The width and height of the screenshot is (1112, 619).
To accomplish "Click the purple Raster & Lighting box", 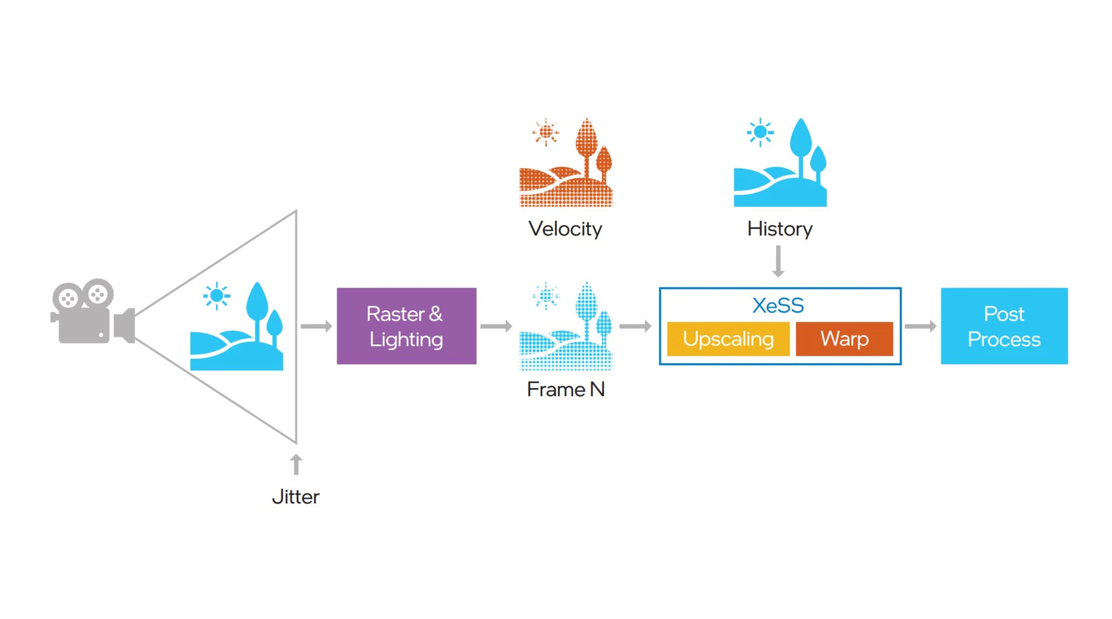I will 406,326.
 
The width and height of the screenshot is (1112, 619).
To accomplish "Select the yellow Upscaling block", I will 728,339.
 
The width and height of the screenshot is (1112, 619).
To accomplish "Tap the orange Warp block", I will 844,339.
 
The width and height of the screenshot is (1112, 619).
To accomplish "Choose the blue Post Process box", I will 1003,326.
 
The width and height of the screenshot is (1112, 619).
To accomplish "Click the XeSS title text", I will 778,305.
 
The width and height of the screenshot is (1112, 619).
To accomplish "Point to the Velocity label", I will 565,229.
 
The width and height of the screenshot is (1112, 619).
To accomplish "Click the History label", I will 779,229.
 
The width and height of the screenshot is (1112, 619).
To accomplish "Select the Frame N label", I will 565,389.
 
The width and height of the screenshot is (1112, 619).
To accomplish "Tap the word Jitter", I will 296,497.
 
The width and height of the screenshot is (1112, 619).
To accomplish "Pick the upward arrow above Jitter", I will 296,464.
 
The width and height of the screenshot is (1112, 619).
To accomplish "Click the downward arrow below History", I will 778,261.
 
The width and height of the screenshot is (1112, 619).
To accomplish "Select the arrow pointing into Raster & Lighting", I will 316,326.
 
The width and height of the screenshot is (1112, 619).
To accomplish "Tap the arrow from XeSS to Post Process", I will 920,326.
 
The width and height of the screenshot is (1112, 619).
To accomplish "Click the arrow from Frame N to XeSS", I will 635,326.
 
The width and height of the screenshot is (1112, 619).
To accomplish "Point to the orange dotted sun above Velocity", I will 546,131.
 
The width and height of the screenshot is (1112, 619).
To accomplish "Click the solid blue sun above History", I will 760,131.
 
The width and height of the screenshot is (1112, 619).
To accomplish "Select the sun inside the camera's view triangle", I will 216,296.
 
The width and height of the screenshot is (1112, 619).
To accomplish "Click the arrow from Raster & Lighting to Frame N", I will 496,326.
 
